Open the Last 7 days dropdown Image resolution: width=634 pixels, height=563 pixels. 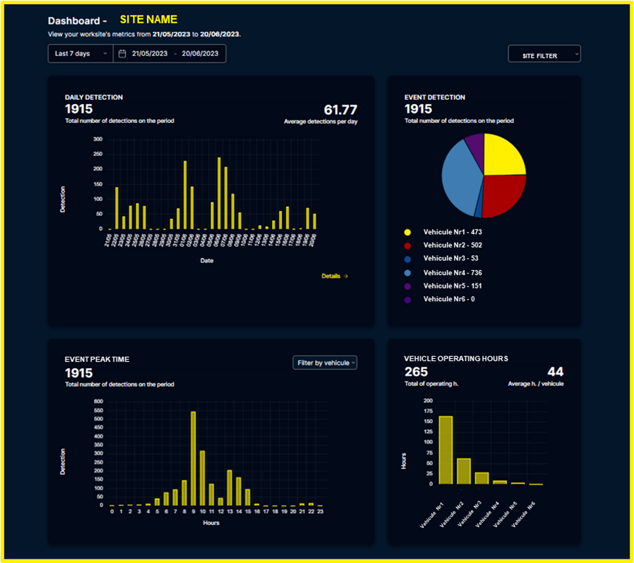point(81,54)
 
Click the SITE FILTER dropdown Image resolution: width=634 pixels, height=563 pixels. point(544,55)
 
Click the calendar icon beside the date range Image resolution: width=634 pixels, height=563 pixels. point(122,54)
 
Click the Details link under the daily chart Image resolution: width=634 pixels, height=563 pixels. point(335,276)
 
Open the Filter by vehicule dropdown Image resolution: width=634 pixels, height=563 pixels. point(325,363)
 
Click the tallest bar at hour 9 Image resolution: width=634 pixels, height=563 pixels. point(193,458)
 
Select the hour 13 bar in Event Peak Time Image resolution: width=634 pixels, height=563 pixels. point(230,488)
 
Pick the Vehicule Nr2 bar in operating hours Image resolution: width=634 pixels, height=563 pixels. point(464,471)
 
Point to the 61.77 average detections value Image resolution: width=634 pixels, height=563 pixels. point(340,110)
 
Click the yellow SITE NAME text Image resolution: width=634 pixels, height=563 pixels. point(148,20)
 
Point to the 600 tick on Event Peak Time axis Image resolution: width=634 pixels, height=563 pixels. point(98,401)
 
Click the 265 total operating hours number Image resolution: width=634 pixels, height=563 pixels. point(416,372)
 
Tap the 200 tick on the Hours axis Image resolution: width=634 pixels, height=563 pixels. point(427,401)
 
